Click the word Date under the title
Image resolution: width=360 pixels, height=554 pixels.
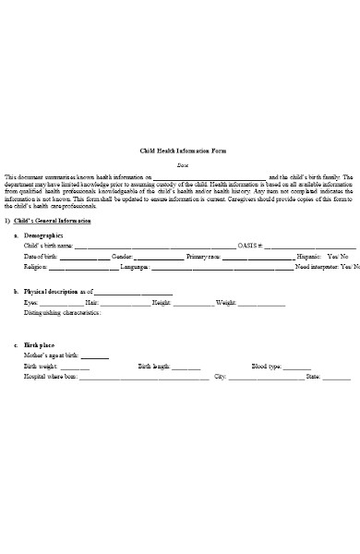click(x=182, y=163)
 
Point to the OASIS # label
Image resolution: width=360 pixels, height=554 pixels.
click(x=250, y=247)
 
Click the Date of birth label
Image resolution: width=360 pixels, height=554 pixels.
click(x=42, y=256)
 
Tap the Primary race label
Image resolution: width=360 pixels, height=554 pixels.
click(x=204, y=256)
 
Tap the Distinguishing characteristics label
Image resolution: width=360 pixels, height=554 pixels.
click(x=63, y=313)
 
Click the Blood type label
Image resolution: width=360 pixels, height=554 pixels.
click(x=266, y=367)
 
